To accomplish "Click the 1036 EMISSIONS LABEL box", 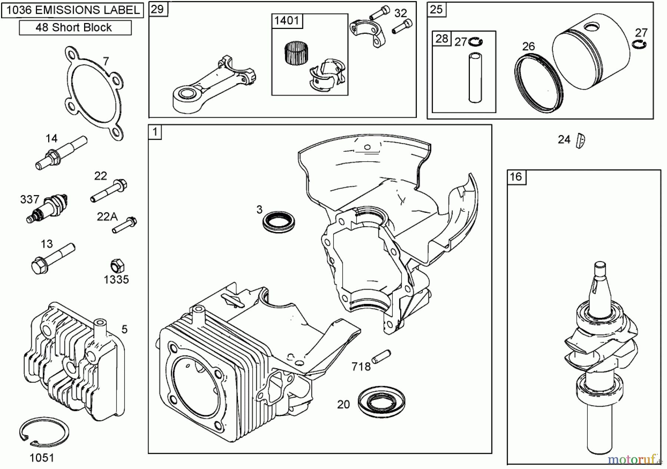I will (x=73, y=10).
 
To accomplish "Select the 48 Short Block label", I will (x=75, y=28).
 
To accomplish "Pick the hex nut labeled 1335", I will (x=117, y=266).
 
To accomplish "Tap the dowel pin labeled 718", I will (x=381, y=356).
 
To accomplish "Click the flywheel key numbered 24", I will (x=580, y=141).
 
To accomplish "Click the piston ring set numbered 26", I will (x=538, y=82).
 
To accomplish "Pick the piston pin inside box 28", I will (x=475, y=77).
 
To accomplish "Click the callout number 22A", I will (x=107, y=217).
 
